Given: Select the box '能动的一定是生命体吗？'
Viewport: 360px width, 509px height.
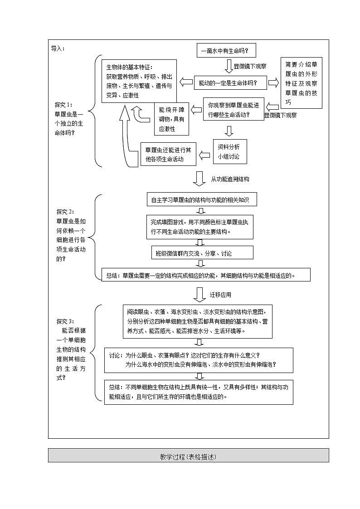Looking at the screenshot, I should coord(228,83).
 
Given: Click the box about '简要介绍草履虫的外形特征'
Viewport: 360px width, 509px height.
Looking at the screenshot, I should coord(302,82).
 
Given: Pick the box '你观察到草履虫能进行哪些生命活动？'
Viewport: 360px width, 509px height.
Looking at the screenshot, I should coord(234,109).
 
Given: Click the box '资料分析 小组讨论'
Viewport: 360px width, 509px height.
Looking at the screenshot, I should coord(230,151).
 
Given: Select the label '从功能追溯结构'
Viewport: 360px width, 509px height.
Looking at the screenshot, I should coord(230,179).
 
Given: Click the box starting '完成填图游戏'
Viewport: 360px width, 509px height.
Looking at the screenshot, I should coord(199,226).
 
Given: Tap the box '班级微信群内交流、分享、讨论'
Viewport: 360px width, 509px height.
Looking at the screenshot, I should coord(202,253).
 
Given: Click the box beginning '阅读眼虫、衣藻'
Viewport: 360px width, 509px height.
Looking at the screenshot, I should coord(197,321).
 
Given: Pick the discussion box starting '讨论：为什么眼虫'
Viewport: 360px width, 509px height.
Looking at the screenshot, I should coord(199,359).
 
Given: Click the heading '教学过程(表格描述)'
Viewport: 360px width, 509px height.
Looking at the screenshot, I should coord(188,456).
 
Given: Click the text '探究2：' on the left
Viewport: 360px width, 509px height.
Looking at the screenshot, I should coord(65,212).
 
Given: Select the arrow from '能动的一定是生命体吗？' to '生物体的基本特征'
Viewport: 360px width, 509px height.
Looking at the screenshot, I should coord(186,82).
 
